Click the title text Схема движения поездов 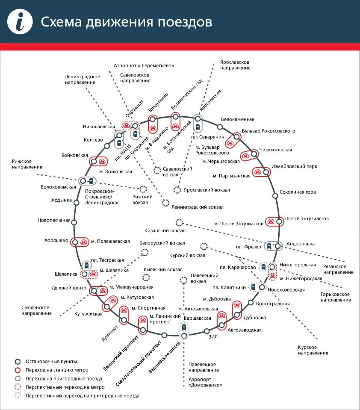(x=126, y=22)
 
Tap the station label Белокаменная (x=237, y=119)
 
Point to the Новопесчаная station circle (x=74, y=222)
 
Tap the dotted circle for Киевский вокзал (x=146, y=277)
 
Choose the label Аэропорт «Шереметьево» (x=144, y=65)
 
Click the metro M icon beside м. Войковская (x=102, y=162)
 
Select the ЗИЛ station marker (x=207, y=331)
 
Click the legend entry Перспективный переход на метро (x=65, y=387)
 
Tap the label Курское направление (x=313, y=350)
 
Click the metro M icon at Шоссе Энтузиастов (x=271, y=221)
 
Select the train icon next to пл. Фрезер (x=269, y=246)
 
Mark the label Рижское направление (x=27, y=164)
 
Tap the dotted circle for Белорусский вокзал (x=145, y=252)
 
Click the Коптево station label (x=93, y=140)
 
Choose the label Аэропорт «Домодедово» (x=205, y=382)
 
